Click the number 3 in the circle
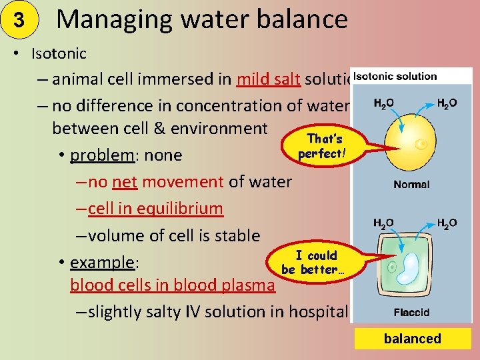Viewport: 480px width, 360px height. [19, 20]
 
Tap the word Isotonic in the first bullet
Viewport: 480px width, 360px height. [59, 52]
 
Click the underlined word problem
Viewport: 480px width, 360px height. [103, 155]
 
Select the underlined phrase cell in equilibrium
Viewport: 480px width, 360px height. [155, 208]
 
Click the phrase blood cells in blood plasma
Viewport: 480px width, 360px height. [173, 285]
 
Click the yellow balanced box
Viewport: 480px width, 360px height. [412, 339]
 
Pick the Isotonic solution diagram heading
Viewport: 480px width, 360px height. [395, 76]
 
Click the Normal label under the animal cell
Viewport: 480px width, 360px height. [411, 185]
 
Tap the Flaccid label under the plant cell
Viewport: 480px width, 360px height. [411, 312]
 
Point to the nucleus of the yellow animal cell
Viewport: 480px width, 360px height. [421, 143]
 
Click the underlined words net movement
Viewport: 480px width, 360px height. [169, 181]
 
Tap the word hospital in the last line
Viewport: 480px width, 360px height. [321, 311]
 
